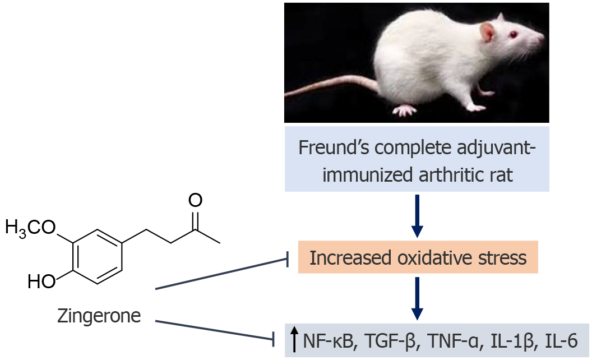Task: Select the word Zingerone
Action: pos(99,316)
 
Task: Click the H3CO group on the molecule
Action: pos(30,227)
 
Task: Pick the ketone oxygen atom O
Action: pos(195,201)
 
